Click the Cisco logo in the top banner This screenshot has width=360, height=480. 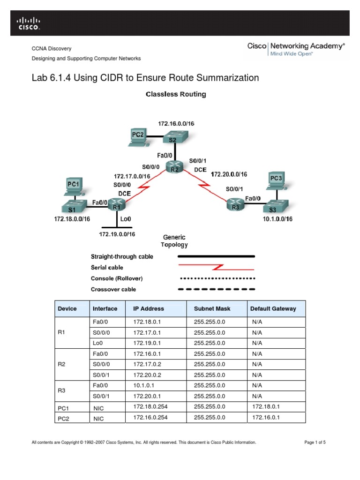tap(29, 23)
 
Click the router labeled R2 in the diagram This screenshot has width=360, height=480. tap(174, 169)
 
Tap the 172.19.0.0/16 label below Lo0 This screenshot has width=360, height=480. tap(117, 234)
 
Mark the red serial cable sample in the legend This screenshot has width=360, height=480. tap(217, 268)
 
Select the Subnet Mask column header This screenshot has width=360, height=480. tap(212, 309)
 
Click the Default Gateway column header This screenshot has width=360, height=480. tap(273, 309)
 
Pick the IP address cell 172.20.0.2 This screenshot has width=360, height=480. tap(146, 375)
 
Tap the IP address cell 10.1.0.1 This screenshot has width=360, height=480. tap(145, 385)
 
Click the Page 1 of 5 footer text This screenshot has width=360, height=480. tap(315, 442)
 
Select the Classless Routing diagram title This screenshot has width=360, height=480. tap(176, 94)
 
